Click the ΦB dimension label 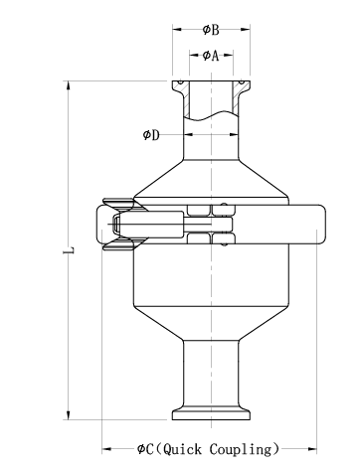pos(211,30)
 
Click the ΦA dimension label pos(211,56)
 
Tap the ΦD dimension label pos(151,135)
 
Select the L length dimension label pos(69,250)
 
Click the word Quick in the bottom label pos(182,449)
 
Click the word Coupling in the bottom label pos(240,449)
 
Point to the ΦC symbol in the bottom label pos(145,449)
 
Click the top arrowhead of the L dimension pos(69,85)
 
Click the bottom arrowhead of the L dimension pos(69,415)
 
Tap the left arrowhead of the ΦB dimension pos(177,30)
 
